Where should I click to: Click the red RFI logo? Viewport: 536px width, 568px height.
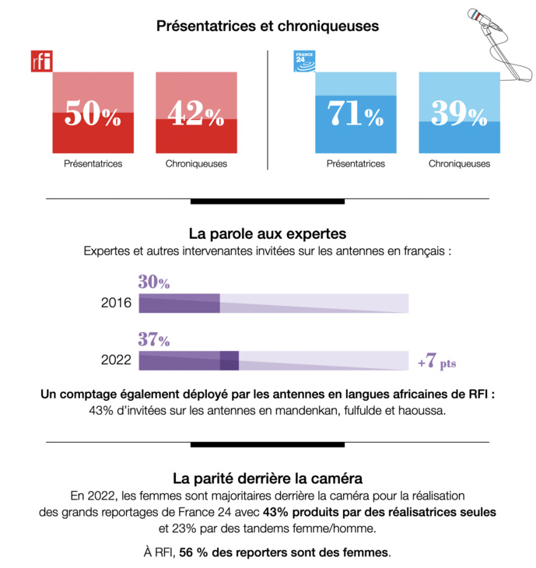pyautogui.click(x=40, y=61)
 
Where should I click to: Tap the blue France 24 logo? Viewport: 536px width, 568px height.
pyautogui.click(x=303, y=61)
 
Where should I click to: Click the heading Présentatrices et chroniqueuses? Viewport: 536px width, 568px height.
pyautogui.click(x=268, y=26)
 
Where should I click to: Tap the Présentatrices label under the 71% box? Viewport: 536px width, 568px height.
pyautogui.click(x=356, y=164)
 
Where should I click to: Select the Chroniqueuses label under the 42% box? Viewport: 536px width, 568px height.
pyautogui.click(x=196, y=164)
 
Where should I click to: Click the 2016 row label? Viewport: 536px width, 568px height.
pyautogui.click(x=116, y=303)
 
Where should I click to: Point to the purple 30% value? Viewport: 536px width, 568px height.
pyautogui.click(x=154, y=282)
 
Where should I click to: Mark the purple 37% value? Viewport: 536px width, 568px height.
pyautogui.click(x=154, y=340)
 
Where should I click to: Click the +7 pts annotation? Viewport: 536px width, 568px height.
pyautogui.click(x=436, y=362)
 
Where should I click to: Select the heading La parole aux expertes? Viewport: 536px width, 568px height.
pyautogui.click(x=268, y=233)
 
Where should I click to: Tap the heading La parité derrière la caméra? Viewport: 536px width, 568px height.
pyautogui.click(x=268, y=478)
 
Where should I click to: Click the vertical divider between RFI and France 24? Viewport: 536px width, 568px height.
pyautogui.click(x=268, y=109)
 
